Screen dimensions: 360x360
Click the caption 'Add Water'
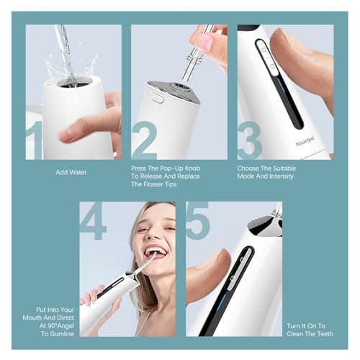[x=72, y=173]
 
